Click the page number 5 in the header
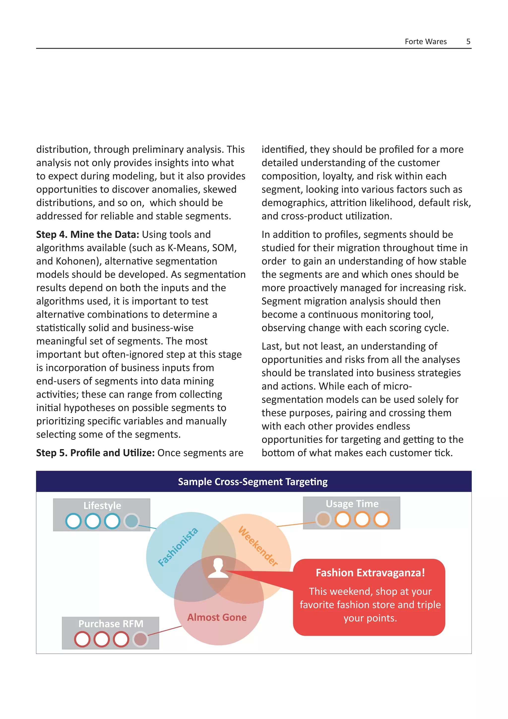pos(468,42)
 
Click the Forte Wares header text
pos(425,42)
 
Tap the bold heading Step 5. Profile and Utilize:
pos(95,453)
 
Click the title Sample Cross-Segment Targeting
pos(253,482)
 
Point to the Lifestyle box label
pos(102,506)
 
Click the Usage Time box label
pos(352,504)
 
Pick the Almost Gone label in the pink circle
pos(217,617)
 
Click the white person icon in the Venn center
pos(218,568)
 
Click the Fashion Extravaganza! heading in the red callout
pos(370,573)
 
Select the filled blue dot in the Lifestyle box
pos(131,521)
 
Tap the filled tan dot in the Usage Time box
pos(323,519)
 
